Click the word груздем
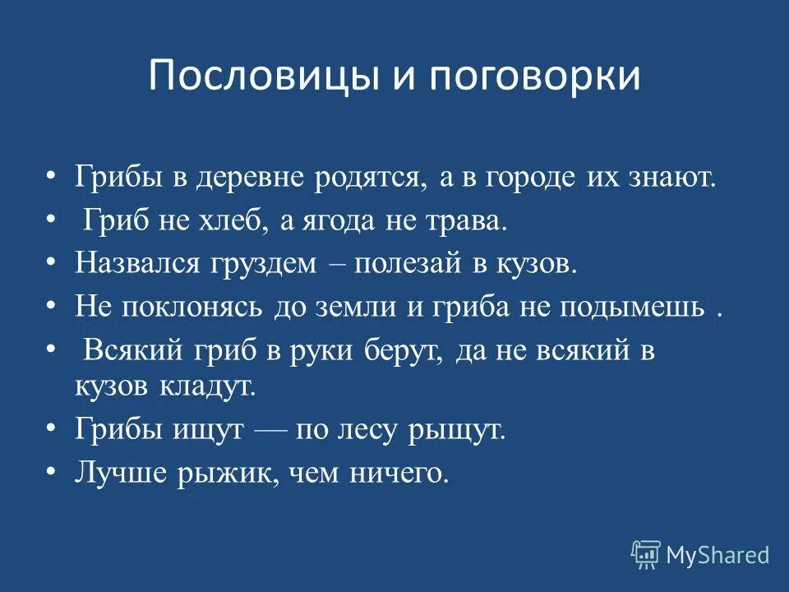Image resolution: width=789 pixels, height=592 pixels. [261, 264]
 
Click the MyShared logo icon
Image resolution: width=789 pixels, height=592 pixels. [646, 555]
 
